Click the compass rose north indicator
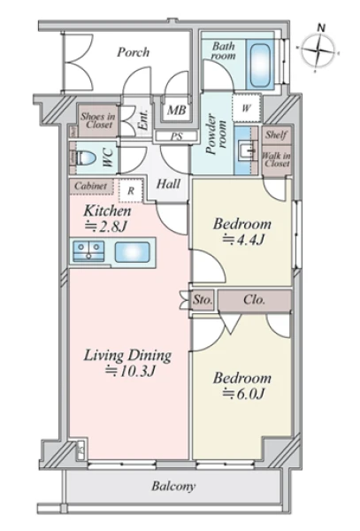[x=319, y=50]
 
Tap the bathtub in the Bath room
[x=261, y=64]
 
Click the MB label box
[x=177, y=110]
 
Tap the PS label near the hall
[x=176, y=136]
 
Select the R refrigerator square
[x=131, y=190]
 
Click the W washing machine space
[x=246, y=109]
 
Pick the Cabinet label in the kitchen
[x=91, y=186]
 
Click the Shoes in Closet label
[x=98, y=120]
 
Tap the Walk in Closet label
[x=277, y=160]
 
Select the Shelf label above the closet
[x=276, y=135]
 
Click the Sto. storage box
[x=203, y=300]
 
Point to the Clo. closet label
[x=254, y=300]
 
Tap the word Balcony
[x=173, y=486]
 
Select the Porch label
[x=134, y=52]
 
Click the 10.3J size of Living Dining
[x=130, y=372]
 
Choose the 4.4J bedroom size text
[x=243, y=240]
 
